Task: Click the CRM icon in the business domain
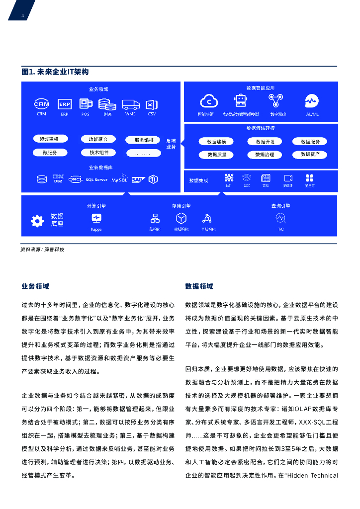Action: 41,104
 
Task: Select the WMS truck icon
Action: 130,104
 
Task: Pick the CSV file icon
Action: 151,104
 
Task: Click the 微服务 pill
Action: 49,153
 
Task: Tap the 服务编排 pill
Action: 144,140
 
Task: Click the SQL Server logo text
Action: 96,179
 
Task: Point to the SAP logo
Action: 138,179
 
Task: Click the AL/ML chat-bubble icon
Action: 312,101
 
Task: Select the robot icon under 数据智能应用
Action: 241,101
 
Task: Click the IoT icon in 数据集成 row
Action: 228,178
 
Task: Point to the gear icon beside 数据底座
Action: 37,221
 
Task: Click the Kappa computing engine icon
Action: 96,218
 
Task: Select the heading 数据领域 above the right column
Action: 199,286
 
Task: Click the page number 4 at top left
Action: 22,15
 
